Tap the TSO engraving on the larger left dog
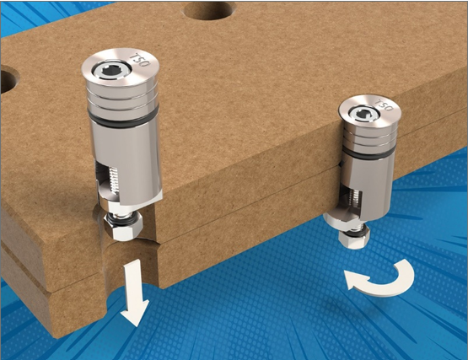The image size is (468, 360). pyautogui.click(x=140, y=60)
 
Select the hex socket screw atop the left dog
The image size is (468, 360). pyautogui.click(x=110, y=71)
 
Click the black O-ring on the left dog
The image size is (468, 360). pyautogui.click(x=123, y=120)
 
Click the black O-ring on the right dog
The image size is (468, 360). pyautogui.click(x=370, y=153)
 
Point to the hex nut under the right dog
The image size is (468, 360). pyautogui.click(x=354, y=238)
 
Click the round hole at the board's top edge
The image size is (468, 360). pyautogui.click(x=209, y=11)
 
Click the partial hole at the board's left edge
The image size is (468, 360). pyautogui.click(x=8, y=81)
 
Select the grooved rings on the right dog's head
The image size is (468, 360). pyautogui.click(x=370, y=137)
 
